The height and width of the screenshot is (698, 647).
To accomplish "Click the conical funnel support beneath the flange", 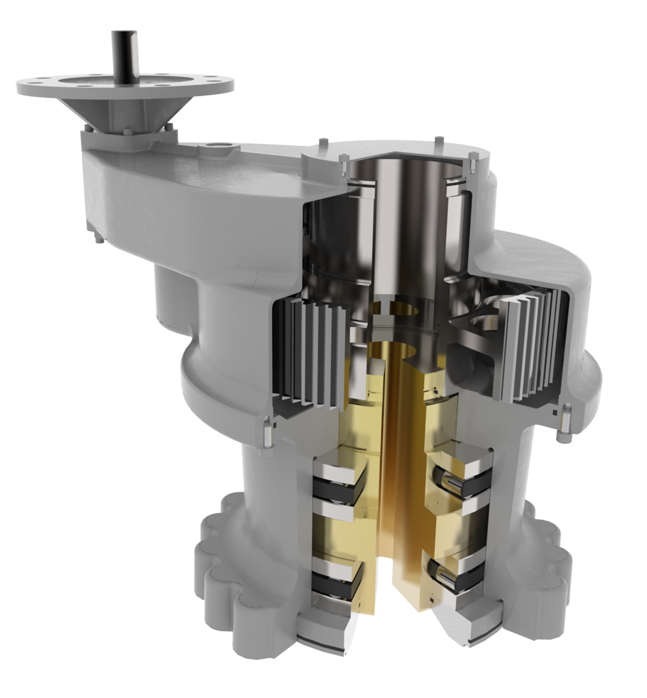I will point(105,112).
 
